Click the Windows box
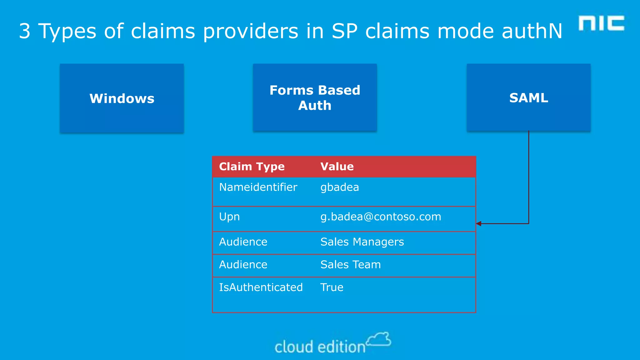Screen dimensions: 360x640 (122, 98)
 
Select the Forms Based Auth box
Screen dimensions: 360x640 (315, 97)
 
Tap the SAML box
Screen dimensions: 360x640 (528, 97)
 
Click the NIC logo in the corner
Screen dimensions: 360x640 (601, 23)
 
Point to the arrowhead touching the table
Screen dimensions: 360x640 (479, 223)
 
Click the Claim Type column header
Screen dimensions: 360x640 (252, 167)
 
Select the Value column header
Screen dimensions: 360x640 (337, 167)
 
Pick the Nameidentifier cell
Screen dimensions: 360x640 (258, 187)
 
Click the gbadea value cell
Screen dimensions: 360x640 (340, 187)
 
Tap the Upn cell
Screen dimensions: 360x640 (229, 217)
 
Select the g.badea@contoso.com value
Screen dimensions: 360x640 (381, 217)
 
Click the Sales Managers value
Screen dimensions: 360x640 (362, 242)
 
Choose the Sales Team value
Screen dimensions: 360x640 (351, 265)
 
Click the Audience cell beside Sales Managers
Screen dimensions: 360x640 (243, 242)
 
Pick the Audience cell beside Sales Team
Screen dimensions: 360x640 (243, 265)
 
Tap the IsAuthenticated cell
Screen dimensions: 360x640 (261, 287)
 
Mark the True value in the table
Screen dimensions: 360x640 (332, 287)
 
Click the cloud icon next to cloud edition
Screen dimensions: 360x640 (379, 339)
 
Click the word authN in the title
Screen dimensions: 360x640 (532, 31)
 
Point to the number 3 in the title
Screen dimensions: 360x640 (25, 31)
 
